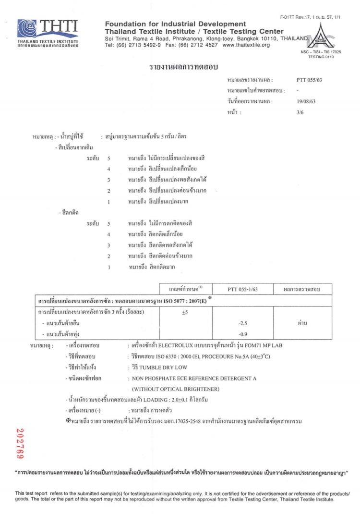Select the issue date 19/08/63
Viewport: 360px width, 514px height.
tap(306, 101)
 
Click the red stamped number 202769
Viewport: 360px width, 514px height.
tap(20, 442)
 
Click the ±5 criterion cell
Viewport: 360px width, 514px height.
tap(186, 312)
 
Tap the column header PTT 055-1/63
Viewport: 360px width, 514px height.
tap(242, 289)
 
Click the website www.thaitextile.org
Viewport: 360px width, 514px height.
tap(246, 45)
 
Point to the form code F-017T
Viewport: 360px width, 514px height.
tap(290, 17)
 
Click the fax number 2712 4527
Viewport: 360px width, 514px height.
tap(202, 45)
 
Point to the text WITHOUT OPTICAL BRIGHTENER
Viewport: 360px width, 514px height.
tap(176, 389)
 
